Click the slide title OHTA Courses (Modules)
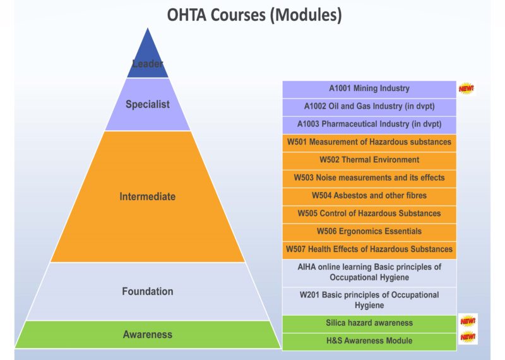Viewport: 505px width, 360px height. [x=254, y=15]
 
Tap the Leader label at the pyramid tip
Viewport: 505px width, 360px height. [x=148, y=64]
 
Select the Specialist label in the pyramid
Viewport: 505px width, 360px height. [x=148, y=105]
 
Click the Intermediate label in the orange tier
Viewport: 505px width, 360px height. [x=148, y=196]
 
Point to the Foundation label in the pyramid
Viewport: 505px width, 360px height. [x=148, y=291]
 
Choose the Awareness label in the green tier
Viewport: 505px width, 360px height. [x=148, y=335]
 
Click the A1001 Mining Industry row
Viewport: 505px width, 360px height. [x=369, y=89]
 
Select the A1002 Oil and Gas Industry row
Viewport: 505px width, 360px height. [x=369, y=107]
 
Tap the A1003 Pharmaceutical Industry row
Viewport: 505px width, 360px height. [x=369, y=124]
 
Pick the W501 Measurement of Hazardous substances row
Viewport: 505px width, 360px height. [x=369, y=142]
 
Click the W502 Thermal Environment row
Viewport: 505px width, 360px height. [x=369, y=160]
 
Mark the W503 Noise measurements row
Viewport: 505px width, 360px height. [x=369, y=177]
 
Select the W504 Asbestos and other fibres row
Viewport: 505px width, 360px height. [x=369, y=196]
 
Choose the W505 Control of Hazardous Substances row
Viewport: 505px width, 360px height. [x=369, y=213]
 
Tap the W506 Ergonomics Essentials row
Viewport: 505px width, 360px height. [x=369, y=231]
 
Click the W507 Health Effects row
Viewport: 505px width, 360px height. [x=369, y=249]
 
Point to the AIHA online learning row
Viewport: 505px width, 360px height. [x=369, y=272]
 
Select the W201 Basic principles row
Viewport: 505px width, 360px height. [x=369, y=300]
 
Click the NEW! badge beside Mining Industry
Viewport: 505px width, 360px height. [x=466, y=88]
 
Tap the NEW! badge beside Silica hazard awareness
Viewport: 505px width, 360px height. [x=468, y=321]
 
